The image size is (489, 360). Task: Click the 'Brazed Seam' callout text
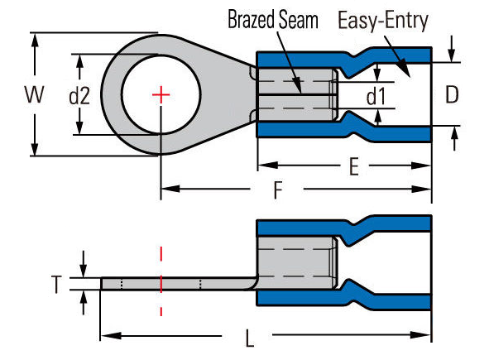tap(273, 20)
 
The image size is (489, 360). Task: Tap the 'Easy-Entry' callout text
tap(383, 21)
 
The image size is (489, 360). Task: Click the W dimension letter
tap(34, 94)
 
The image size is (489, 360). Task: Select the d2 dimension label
tap(79, 96)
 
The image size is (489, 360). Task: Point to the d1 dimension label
tap(376, 96)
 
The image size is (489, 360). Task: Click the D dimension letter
tap(452, 94)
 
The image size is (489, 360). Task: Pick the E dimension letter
tap(354, 166)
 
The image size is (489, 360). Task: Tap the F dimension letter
tap(277, 190)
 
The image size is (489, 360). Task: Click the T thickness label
tap(56, 284)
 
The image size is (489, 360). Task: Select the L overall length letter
tap(249, 338)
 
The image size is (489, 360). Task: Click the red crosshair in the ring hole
tap(161, 95)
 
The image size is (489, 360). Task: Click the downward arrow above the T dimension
tap(84, 264)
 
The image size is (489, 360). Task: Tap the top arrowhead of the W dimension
tap(35, 42)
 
